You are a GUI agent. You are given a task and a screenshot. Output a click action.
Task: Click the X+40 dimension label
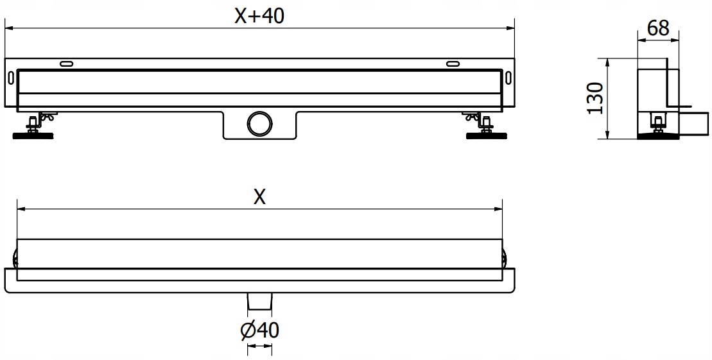[259, 16]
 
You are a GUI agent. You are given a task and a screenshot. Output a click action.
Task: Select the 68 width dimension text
[658, 28]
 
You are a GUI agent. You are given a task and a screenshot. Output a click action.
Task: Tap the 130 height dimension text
[596, 98]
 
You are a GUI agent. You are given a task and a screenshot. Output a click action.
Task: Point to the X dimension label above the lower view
[259, 197]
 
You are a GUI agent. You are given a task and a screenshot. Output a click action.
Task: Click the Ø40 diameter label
[259, 330]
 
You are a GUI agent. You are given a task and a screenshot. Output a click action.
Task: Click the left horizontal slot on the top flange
[65, 64]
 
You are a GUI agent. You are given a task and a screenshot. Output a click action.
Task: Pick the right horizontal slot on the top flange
[453, 64]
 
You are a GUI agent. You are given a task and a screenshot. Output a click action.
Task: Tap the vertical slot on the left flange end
[11, 77]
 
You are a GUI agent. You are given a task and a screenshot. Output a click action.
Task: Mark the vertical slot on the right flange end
[508, 77]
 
